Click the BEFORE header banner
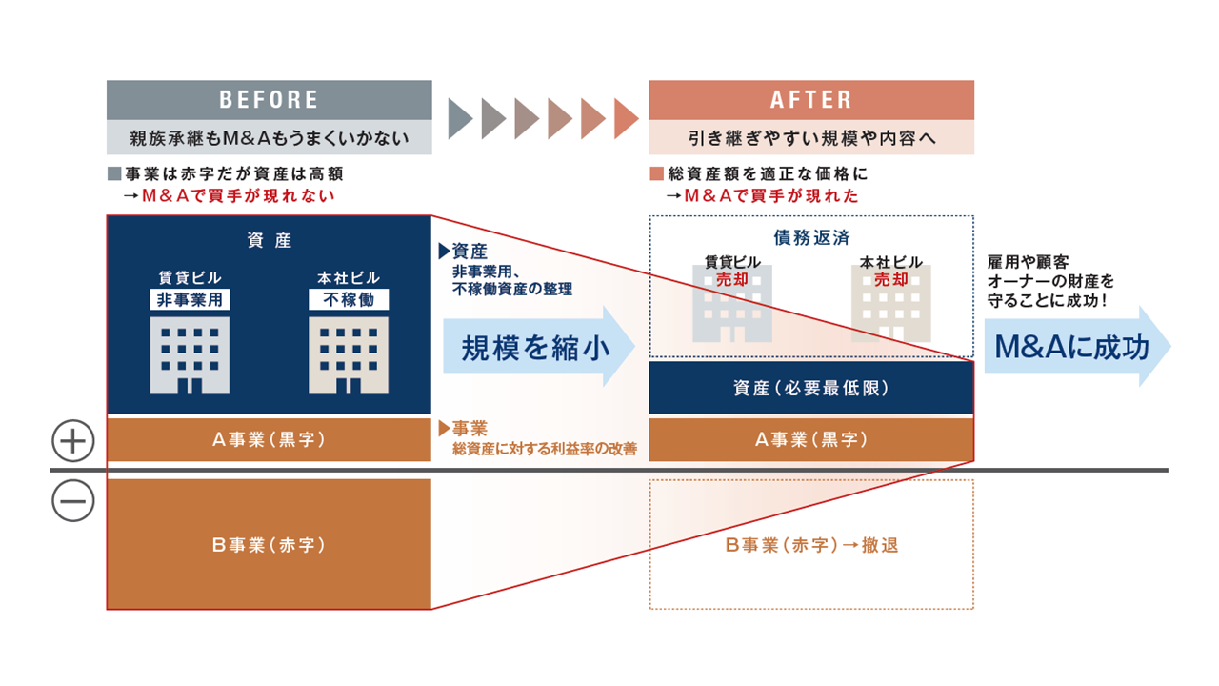pos(269,100)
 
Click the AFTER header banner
pos(811,100)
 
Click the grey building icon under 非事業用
pos(190,355)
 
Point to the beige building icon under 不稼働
pos(349,355)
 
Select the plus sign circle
pos(73,442)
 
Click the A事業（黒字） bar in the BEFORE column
pos(269,440)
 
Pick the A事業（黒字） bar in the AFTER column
pos(811,440)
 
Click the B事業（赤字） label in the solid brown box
pos(269,545)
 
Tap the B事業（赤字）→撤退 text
pos(811,545)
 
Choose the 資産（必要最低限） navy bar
pos(811,389)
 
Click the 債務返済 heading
pos(811,236)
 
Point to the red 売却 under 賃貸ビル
pos(733,279)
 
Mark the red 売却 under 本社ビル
pos(891,279)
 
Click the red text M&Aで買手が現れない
pos(238,195)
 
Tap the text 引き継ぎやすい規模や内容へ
pos(811,137)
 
